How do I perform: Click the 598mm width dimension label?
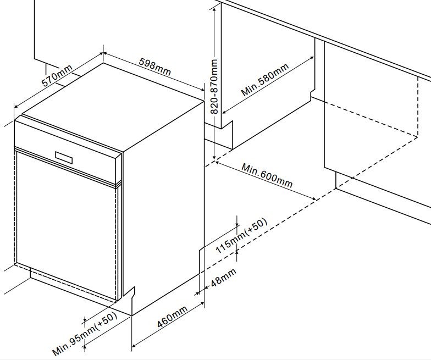[155, 67]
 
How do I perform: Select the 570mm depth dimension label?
[57, 75]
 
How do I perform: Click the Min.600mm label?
[267, 175]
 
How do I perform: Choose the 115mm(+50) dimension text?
[241, 236]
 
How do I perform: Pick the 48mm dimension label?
[223, 278]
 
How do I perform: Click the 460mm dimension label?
[173, 317]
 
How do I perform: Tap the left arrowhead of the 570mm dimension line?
[17, 107]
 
